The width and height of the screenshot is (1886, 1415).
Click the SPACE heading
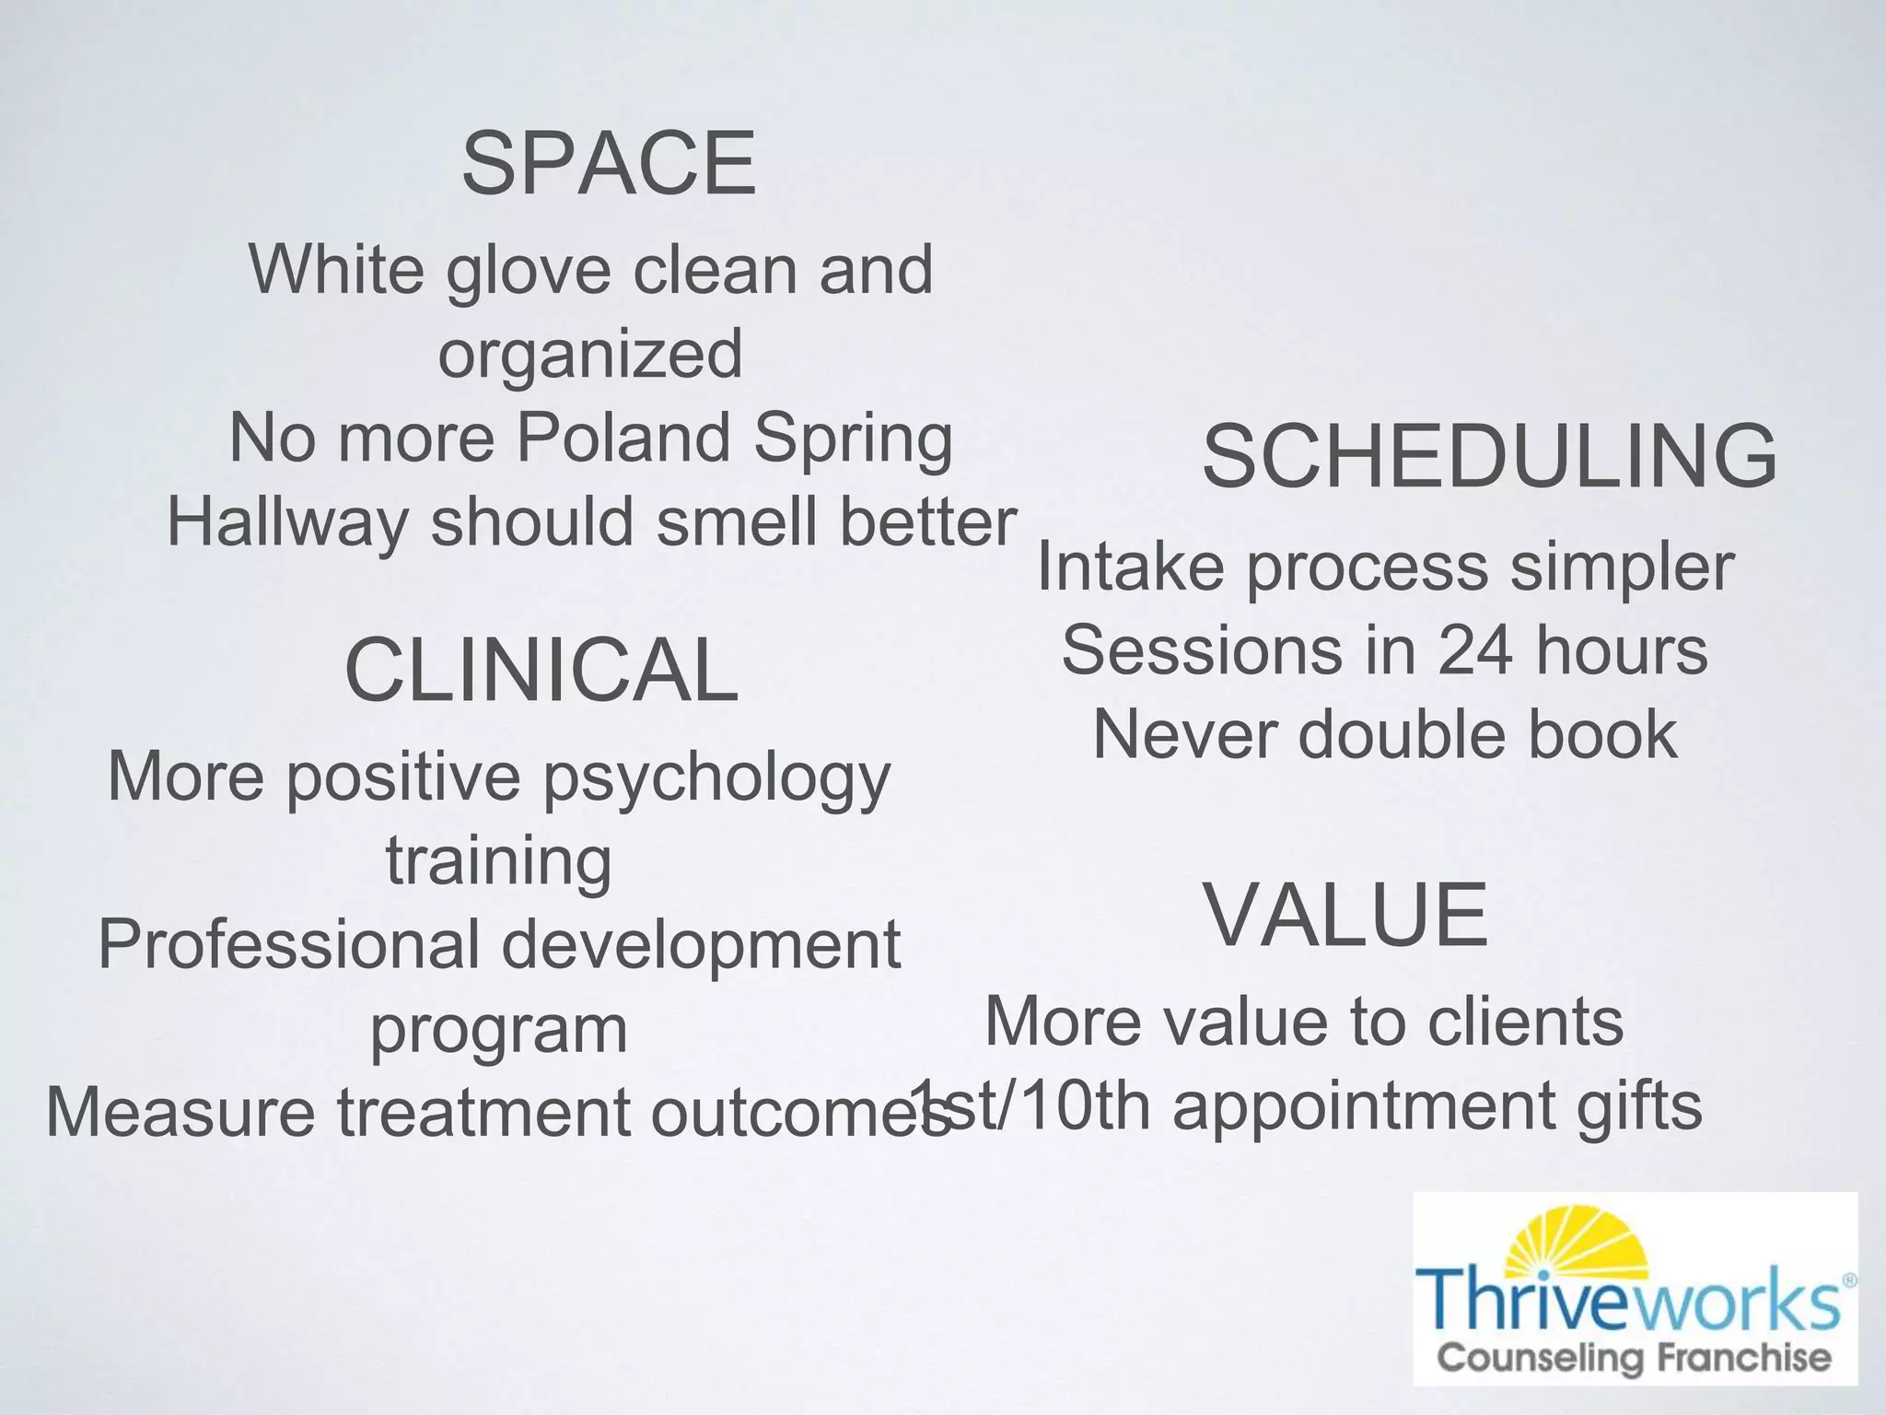pyautogui.click(x=609, y=164)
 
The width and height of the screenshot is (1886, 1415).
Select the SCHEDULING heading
pyautogui.click(x=1489, y=456)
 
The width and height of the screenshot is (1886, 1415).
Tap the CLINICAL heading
pyautogui.click(x=541, y=670)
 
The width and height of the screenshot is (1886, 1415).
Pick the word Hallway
pyautogui.click(x=287, y=521)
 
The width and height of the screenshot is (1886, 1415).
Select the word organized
pyautogui.click(x=590, y=354)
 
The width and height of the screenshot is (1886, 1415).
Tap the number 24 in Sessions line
pyautogui.click(x=1474, y=650)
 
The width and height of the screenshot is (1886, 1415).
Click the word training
pyautogui.click(x=498, y=861)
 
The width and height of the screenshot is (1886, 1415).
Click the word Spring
pyautogui.click(x=853, y=439)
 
